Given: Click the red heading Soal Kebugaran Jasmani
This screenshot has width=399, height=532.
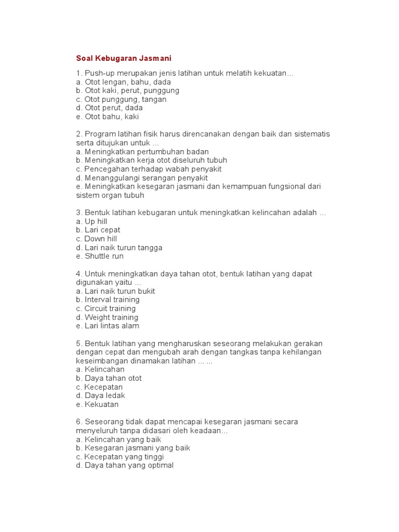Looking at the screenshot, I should (123, 58).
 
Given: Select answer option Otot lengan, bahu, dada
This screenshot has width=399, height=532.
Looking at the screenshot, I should (123, 82).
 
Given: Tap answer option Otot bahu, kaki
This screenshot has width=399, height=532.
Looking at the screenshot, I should (107, 117).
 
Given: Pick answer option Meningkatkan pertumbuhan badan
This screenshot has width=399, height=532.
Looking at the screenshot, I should (142, 152).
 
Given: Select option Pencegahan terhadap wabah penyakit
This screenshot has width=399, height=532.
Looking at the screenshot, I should (148, 169).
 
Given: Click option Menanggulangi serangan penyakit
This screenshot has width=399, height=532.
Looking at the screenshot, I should (141, 178).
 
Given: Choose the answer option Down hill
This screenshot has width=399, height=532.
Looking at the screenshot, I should (96, 239).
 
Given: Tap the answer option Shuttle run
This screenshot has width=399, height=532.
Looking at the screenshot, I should (99, 256).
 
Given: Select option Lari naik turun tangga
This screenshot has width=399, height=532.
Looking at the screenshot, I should (118, 248).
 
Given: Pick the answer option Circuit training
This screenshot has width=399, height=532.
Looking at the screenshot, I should (106, 309).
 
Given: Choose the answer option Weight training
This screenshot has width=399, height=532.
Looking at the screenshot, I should (107, 317).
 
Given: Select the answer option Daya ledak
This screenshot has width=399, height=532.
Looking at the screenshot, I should (100, 396).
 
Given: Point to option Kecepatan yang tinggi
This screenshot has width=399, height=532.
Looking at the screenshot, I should (119, 457).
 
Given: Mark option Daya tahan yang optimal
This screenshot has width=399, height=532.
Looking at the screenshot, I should (124, 465).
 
